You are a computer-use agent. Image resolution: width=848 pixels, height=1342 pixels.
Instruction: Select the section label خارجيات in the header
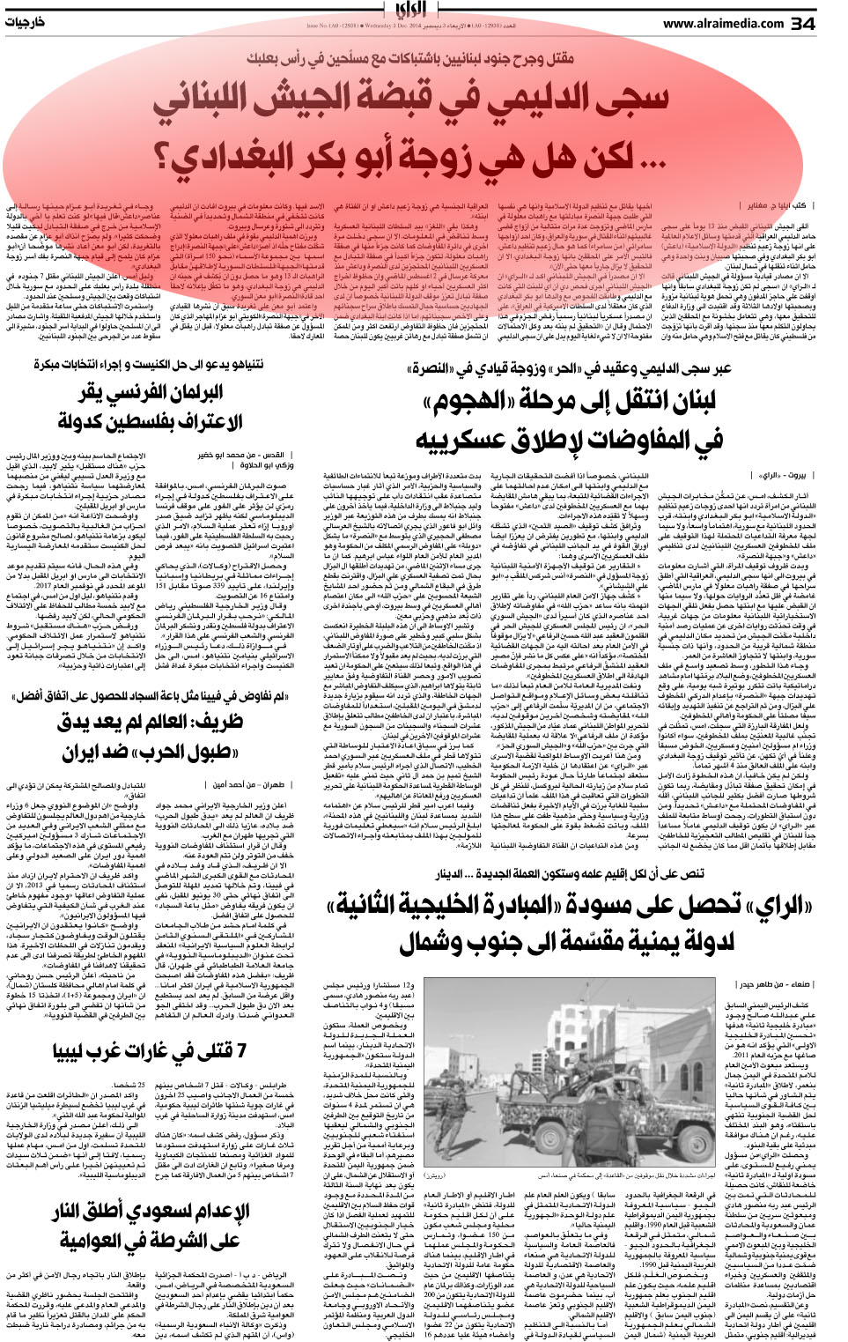point(25,23)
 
